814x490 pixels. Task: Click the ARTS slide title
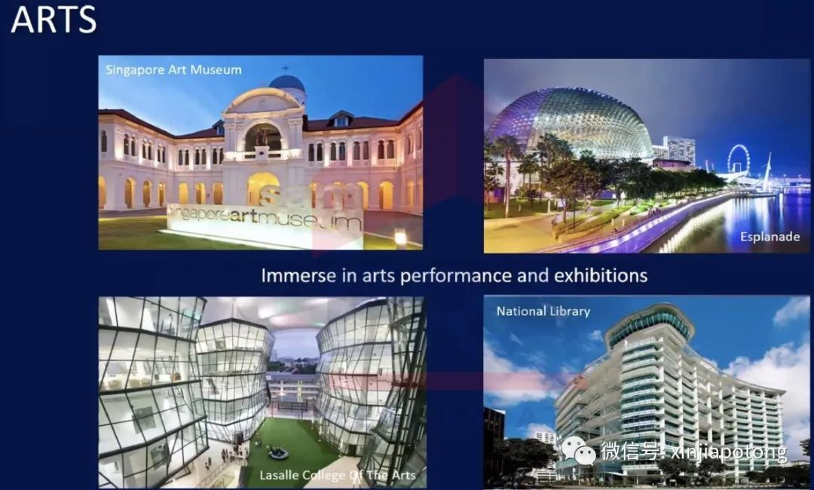[54, 19]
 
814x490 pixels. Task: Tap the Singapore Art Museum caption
[173, 69]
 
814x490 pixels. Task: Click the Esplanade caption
[770, 237]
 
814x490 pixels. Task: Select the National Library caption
[543, 311]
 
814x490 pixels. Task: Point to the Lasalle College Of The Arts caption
[338, 475]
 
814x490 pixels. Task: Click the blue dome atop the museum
[287, 84]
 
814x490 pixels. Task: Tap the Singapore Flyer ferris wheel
[738, 159]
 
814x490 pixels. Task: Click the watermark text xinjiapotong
[729, 452]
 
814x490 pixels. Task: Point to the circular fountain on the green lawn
[277, 454]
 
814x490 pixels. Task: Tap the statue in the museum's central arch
[261, 137]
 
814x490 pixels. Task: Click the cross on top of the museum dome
[284, 69]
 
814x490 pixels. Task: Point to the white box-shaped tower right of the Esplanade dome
[679, 149]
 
